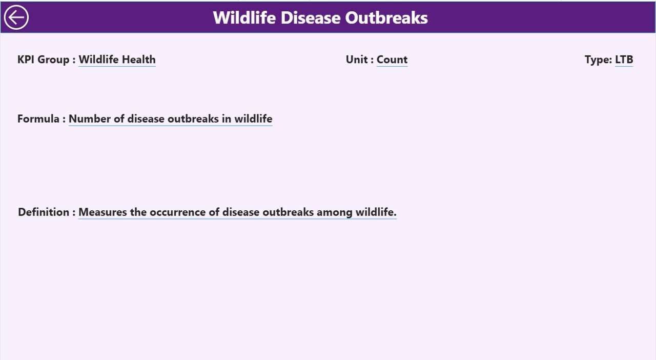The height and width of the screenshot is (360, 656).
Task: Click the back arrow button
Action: coord(16,17)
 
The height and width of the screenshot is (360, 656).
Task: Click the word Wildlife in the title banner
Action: coord(244,17)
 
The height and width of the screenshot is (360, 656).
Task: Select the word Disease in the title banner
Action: coord(310,17)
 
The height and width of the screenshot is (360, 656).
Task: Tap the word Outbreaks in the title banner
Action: coord(386,17)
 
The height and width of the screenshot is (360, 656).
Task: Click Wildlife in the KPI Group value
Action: coord(99,59)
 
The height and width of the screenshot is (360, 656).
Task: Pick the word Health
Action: coord(138,59)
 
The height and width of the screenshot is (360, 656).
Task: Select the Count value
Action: coord(392,59)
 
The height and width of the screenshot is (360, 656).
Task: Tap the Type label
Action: coord(598,60)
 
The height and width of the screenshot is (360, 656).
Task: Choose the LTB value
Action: coord(624,59)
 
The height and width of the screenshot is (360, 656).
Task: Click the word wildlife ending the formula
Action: coord(253,119)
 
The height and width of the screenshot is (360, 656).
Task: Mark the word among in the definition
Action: coord(335,212)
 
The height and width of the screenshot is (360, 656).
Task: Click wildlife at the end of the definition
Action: coord(376,212)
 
